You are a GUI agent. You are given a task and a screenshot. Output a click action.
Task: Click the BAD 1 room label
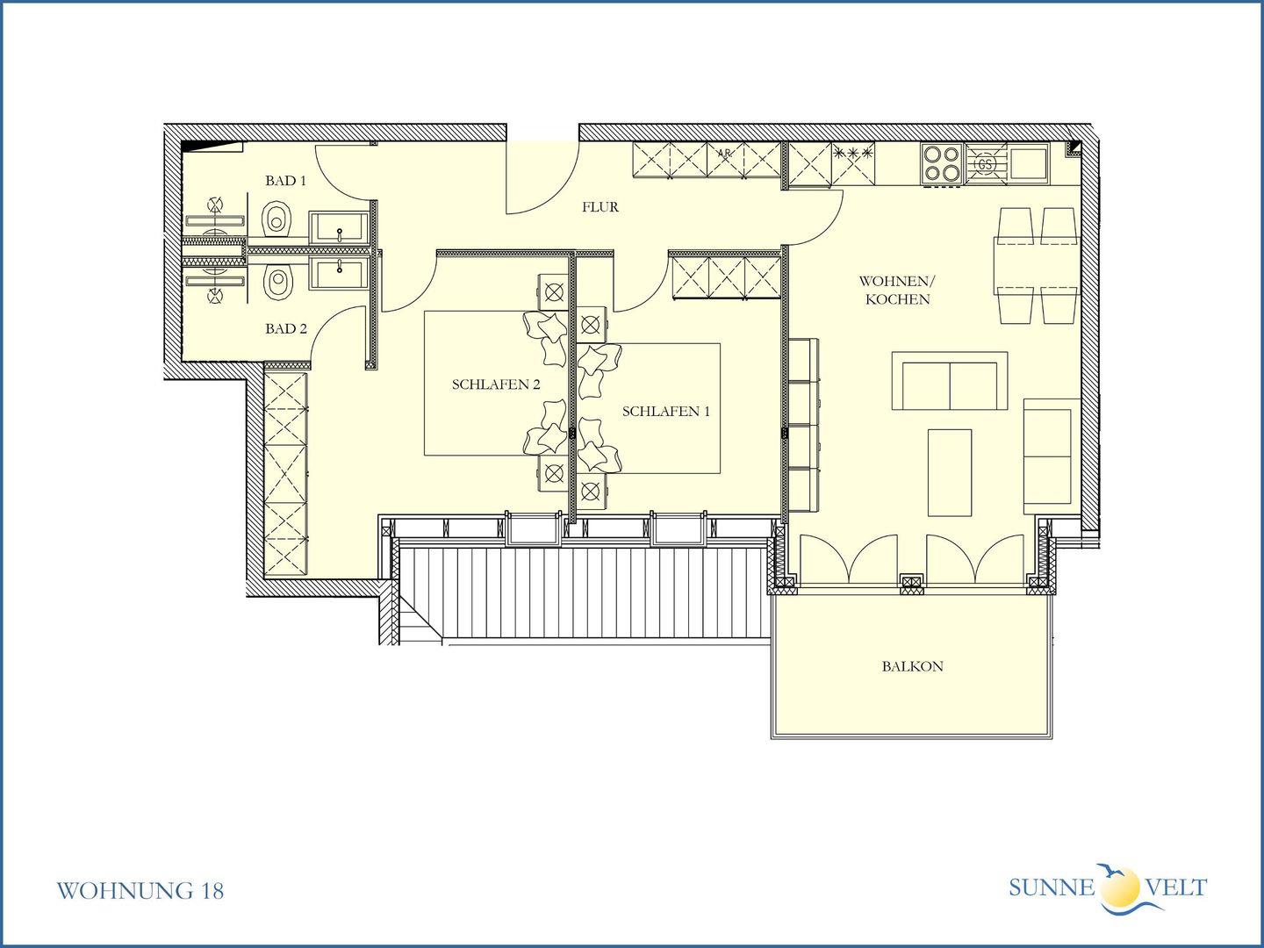285,181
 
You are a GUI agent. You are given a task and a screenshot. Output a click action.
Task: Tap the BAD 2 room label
286,328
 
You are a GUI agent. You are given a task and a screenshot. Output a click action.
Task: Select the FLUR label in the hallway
600,206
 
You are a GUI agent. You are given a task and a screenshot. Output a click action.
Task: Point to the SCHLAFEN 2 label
496,384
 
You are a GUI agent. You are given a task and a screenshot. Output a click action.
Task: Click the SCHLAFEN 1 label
666,412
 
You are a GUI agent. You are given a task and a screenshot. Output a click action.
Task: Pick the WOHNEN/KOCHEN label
897,290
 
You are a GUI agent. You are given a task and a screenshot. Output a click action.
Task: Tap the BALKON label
913,666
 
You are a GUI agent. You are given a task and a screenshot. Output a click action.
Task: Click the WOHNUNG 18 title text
140,891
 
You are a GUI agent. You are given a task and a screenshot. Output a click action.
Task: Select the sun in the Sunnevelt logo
1120,887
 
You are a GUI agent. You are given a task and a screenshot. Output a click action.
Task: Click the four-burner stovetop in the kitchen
942,163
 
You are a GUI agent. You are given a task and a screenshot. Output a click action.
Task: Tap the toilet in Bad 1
276,219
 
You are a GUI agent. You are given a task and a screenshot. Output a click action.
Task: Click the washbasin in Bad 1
339,228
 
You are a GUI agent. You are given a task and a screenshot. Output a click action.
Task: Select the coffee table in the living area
950,472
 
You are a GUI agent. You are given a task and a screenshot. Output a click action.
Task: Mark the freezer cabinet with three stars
853,164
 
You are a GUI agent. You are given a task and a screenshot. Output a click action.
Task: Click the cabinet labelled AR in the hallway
725,160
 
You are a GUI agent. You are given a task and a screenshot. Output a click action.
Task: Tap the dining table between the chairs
1036,265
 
